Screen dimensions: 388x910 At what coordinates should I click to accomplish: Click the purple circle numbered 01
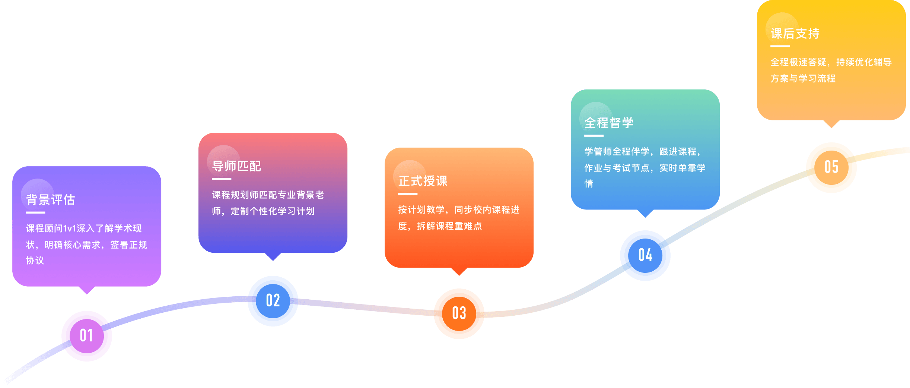[x=86, y=336]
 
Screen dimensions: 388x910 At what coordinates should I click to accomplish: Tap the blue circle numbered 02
[x=273, y=301]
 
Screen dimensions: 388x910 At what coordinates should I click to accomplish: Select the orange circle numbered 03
[x=459, y=313]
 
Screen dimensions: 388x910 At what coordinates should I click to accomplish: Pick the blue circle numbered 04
[x=645, y=255]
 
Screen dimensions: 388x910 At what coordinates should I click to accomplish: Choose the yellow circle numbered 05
[x=831, y=167]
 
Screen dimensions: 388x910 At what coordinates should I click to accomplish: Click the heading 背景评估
[x=51, y=200]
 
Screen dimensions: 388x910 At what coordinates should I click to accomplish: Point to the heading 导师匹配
[x=237, y=166]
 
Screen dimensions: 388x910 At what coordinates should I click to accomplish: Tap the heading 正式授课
[x=423, y=181]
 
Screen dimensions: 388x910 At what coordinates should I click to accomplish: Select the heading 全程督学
[x=609, y=123]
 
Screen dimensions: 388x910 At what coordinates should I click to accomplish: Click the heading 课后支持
[x=795, y=34]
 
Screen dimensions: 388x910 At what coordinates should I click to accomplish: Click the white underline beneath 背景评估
[x=35, y=212]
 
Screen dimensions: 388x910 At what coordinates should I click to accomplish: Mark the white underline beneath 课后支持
[x=780, y=46]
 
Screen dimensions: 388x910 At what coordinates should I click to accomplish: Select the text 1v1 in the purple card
[x=70, y=228]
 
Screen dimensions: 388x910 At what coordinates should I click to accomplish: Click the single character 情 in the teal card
[x=589, y=184]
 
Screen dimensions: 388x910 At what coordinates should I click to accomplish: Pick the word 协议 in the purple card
[x=35, y=261]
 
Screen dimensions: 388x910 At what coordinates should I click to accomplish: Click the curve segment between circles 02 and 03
[x=365, y=307]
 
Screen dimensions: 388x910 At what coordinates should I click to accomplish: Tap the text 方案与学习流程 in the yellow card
[x=803, y=79]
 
